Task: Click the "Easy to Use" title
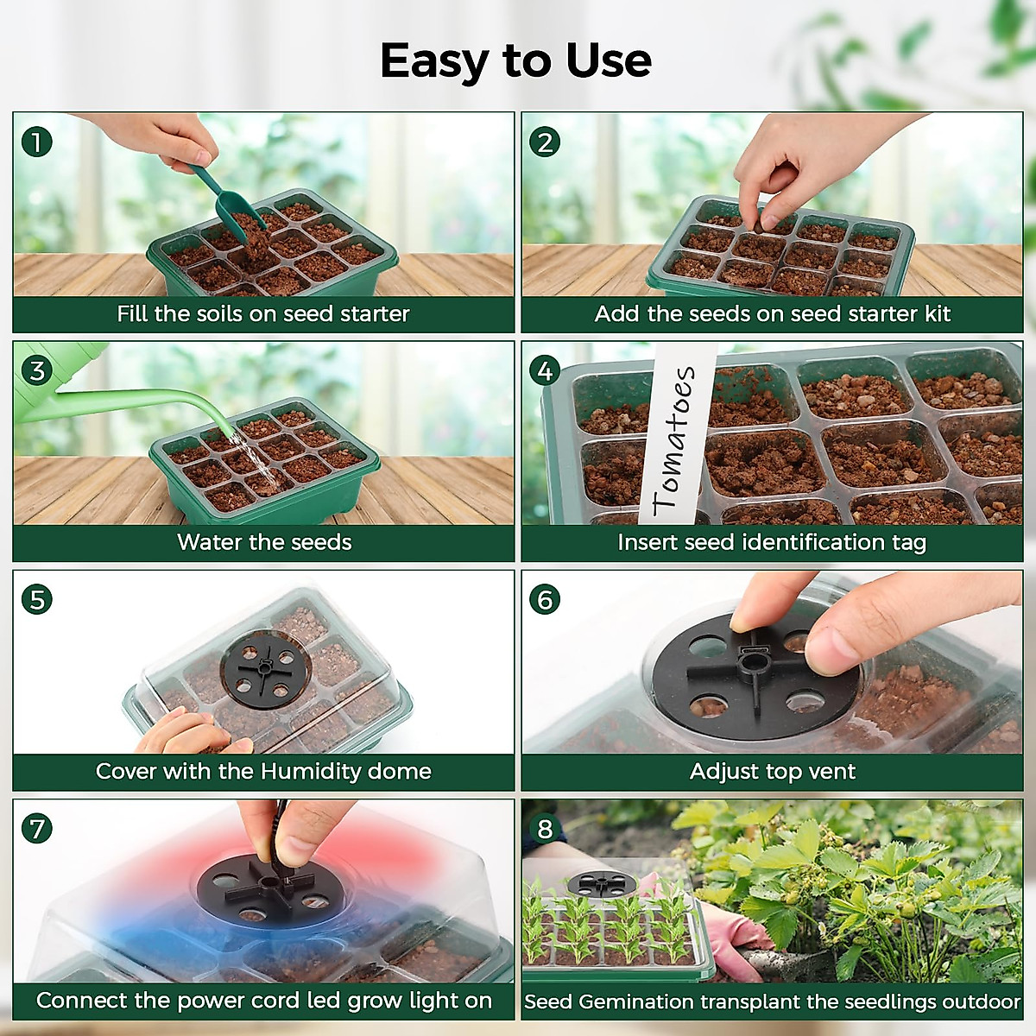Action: click(x=515, y=61)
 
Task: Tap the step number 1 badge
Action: click(x=36, y=142)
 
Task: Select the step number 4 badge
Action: click(x=545, y=370)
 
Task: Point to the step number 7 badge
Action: click(x=36, y=828)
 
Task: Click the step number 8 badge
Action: click(x=545, y=829)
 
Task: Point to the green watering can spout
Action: click(x=155, y=399)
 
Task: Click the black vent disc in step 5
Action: click(x=264, y=670)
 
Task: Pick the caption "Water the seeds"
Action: click(x=264, y=542)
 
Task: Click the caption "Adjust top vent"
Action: click(x=772, y=771)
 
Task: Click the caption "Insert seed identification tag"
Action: click(x=772, y=542)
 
